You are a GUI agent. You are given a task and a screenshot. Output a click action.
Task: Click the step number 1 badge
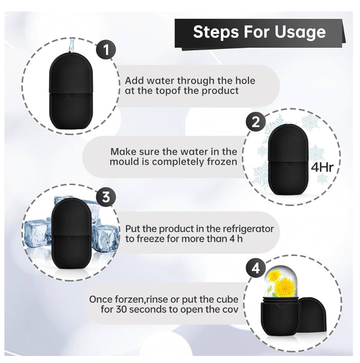(106, 50)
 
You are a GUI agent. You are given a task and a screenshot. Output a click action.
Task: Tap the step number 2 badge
(256, 122)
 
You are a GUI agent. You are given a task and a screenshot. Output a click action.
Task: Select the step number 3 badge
(106, 197)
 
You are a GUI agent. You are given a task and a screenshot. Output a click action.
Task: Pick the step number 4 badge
(256, 269)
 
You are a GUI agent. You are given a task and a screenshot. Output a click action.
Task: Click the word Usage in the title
(300, 32)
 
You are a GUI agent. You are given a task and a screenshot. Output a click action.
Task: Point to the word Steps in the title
(216, 32)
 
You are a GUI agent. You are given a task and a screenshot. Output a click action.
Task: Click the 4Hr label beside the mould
(322, 167)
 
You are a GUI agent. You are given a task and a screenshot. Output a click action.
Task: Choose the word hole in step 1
(245, 81)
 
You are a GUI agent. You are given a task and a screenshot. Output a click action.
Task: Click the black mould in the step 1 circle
(71, 91)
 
